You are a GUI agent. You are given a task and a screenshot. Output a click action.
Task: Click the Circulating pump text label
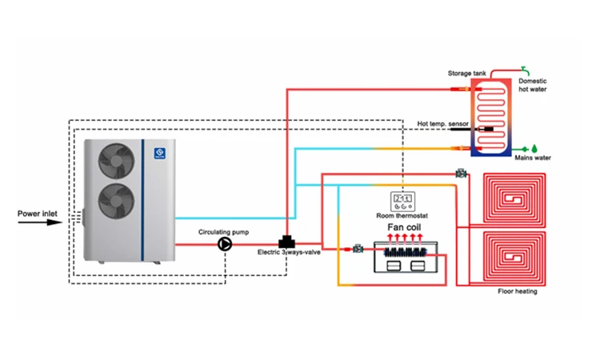pos(225,231)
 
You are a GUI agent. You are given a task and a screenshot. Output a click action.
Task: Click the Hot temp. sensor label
pos(442,124)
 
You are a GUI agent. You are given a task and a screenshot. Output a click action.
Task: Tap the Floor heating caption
pos(518,291)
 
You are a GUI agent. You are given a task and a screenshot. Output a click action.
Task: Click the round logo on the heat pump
pos(158,149)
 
